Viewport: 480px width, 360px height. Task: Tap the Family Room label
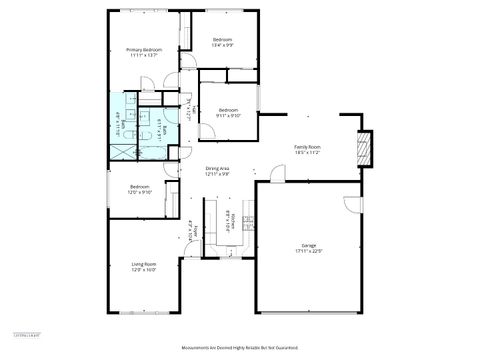305,146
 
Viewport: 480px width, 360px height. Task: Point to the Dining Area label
218,168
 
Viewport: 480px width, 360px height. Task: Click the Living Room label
144,264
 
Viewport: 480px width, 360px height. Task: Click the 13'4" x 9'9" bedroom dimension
222,45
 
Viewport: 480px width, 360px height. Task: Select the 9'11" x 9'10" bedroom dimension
228,116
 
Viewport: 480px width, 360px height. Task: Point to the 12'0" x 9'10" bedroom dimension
140,192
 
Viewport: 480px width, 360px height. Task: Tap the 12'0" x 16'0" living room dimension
144,270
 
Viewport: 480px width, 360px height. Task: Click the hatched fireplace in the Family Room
364,151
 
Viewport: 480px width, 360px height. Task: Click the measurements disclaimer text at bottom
241,348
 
